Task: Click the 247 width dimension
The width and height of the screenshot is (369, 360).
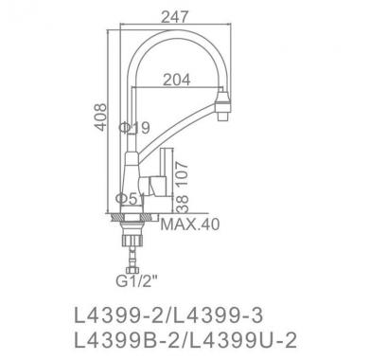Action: coord(174,17)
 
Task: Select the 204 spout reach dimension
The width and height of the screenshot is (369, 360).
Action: coord(177,80)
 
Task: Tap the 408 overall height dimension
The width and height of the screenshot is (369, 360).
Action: coord(101,117)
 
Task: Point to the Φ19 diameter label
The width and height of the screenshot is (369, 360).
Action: coord(134,128)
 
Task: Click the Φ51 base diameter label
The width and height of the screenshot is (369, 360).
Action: coord(130,199)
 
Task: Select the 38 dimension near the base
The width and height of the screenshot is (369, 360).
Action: coord(182,204)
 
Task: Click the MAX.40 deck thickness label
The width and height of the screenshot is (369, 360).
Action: coord(190,225)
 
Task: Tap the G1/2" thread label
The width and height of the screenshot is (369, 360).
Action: coord(136,281)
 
